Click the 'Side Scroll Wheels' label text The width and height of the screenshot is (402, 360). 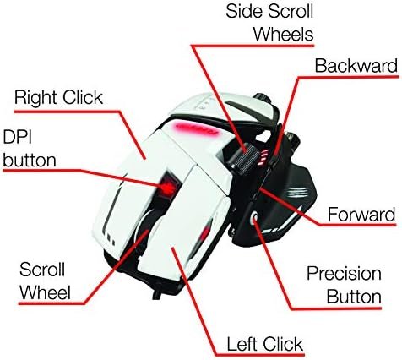click(269, 23)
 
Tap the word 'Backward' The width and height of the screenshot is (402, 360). click(356, 66)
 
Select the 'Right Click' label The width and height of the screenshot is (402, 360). click(58, 98)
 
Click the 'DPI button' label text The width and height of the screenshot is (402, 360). click(30, 149)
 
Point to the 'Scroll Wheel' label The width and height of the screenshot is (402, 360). click(45, 281)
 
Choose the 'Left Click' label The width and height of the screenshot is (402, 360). click(265, 344)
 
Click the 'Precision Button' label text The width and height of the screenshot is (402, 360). click(344, 285)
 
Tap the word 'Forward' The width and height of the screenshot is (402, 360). click(361, 215)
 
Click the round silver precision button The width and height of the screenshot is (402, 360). click(255, 218)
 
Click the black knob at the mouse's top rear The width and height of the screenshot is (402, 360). click(263, 99)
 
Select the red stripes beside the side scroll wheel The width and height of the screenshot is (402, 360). click(264, 158)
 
